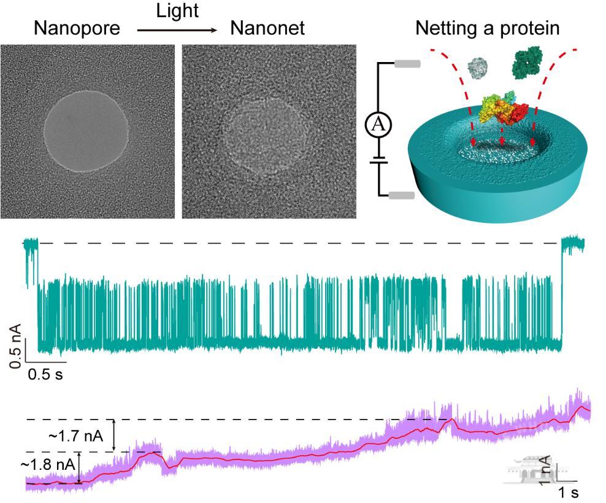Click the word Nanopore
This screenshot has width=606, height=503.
[x=77, y=28]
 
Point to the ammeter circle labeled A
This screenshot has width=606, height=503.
[x=378, y=125]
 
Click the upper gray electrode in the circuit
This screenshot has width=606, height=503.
[x=407, y=63]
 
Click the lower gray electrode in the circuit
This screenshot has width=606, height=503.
[x=402, y=196]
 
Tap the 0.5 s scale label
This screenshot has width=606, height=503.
[x=45, y=374]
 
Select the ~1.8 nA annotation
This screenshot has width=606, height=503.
[x=48, y=464]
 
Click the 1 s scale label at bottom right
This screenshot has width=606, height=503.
[x=567, y=492]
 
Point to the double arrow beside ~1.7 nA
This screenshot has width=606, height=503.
[x=113, y=435]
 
